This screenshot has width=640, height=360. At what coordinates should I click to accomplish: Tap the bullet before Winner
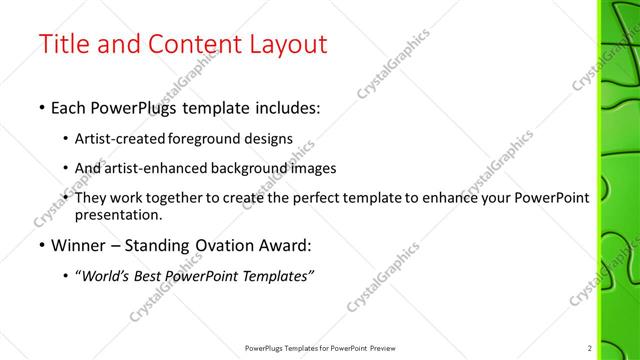(x=41, y=244)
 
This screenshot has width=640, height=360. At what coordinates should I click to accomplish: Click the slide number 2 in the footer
(x=590, y=347)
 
